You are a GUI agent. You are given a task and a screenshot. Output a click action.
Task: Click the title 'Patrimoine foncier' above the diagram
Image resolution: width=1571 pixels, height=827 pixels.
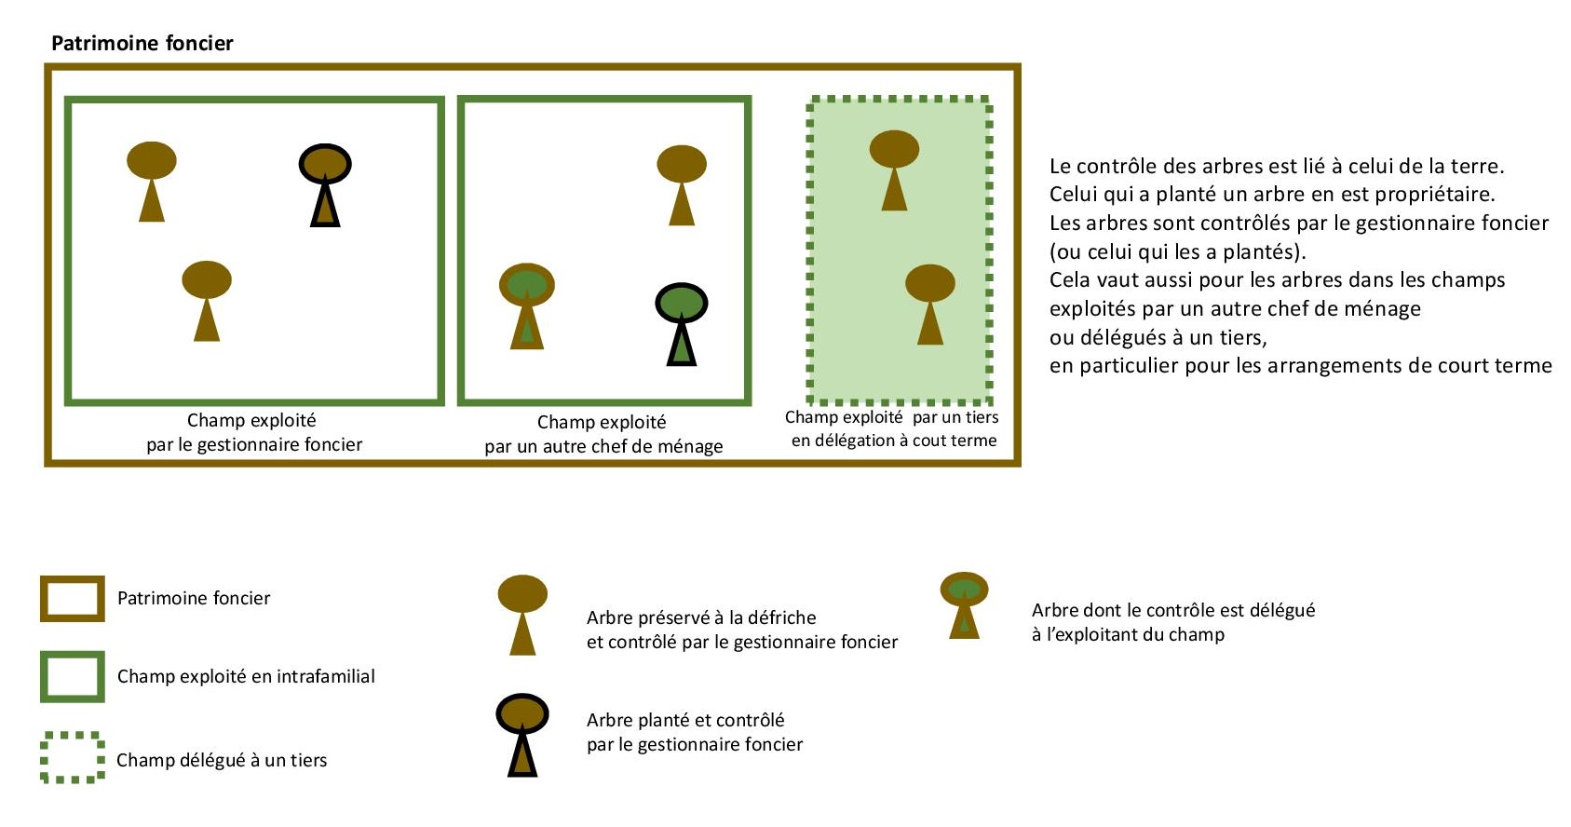click(x=142, y=43)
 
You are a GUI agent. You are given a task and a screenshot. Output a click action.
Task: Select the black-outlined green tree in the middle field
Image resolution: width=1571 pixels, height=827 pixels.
click(x=682, y=322)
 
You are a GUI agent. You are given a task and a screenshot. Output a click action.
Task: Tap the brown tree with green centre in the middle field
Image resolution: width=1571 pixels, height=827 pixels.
click(x=527, y=305)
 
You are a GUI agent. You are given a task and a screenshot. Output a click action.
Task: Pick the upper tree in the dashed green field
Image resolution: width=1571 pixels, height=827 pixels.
click(x=894, y=169)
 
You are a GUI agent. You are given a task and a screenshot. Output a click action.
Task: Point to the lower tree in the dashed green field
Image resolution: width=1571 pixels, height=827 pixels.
click(x=930, y=303)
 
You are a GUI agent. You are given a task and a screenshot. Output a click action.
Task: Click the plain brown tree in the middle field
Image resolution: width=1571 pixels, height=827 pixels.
click(x=682, y=183)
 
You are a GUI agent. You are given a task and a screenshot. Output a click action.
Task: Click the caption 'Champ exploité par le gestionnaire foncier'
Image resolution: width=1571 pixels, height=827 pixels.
click(x=253, y=432)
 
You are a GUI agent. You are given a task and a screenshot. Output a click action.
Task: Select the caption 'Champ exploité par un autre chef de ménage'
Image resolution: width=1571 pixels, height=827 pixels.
click(x=603, y=434)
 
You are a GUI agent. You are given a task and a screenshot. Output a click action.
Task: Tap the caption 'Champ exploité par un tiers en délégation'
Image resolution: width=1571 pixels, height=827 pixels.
click(x=892, y=428)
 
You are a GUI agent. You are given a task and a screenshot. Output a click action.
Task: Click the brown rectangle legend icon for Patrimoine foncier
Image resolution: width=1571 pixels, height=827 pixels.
click(x=73, y=599)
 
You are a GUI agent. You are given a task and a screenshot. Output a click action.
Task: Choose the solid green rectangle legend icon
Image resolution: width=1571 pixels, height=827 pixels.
click(x=73, y=676)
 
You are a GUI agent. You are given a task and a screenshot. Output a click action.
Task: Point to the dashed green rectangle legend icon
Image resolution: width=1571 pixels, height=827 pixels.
click(x=73, y=757)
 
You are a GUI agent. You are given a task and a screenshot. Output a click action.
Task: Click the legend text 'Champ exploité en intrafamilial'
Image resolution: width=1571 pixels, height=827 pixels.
click(x=246, y=676)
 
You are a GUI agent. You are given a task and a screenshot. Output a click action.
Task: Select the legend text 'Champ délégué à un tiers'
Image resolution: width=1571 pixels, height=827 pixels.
click(x=222, y=760)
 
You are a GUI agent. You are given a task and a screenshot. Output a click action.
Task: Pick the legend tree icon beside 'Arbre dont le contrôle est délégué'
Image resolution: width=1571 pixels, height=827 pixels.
click(x=964, y=603)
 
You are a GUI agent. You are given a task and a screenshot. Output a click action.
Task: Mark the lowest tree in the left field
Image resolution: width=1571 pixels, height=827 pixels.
click(x=207, y=299)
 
